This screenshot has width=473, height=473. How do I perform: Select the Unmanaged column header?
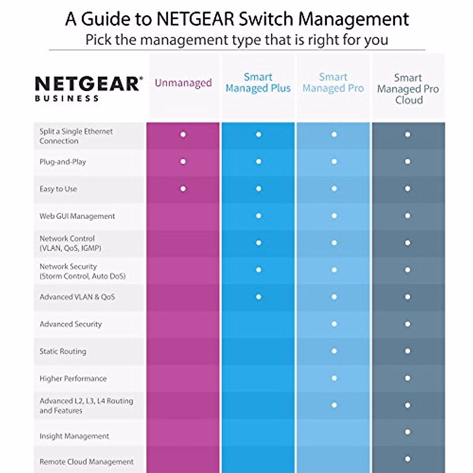pyautogui.click(x=183, y=83)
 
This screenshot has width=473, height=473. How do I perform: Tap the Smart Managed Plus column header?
pyautogui.click(x=258, y=83)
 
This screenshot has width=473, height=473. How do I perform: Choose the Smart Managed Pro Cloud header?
pyautogui.click(x=408, y=89)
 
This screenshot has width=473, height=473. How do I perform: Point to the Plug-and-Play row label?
pyautogui.click(x=63, y=162)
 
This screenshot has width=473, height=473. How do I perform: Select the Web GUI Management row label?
pyautogui.click(x=77, y=216)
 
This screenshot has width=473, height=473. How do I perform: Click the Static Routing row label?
pyautogui.click(x=63, y=351)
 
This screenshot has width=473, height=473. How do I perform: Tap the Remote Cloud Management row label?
pyautogui.click(x=86, y=462)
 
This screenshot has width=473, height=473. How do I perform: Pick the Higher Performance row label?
pyautogui.click(x=73, y=378)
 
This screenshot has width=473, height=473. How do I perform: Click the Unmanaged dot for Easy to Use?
pyautogui.click(x=183, y=189)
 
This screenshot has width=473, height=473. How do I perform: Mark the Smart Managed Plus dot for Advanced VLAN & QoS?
pyautogui.click(x=259, y=297)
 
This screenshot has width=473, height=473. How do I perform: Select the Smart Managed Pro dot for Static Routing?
pyautogui.click(x=334, y=351)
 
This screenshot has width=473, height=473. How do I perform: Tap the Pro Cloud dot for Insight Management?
pyautogui.click(x=408, y=432)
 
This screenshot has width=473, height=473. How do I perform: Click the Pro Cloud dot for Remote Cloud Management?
pyautogui.click(x=408, y=459)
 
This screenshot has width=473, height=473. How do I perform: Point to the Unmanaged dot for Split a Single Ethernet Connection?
pyautogui.click(x=183, y=134)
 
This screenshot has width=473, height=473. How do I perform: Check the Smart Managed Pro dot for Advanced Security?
pyautogui.click(x=334, y=324)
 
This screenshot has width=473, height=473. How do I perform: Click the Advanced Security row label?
pyautogui.click(x=71, y=324)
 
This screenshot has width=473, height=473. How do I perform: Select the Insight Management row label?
pyautogui.click(x=74, y=436)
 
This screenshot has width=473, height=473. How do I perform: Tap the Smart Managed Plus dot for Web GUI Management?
pyautogui.click(x=259, y=216)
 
